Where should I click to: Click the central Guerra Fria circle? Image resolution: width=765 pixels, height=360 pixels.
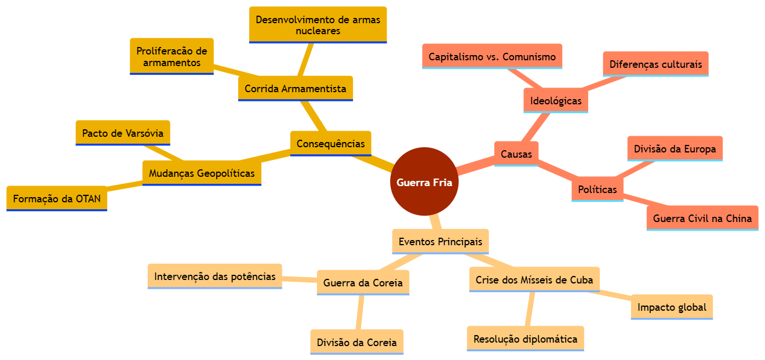point(424,182)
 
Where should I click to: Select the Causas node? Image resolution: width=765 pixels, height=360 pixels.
point(516,154)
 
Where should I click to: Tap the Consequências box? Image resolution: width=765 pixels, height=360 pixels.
point(330,144)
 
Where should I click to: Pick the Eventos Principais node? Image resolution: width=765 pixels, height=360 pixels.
point(440,241)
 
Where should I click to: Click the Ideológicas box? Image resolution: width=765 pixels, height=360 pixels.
point(556,101)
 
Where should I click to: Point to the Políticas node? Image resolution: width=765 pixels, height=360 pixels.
point(597,190)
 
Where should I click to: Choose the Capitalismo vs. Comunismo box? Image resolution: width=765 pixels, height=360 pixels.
point(492,57)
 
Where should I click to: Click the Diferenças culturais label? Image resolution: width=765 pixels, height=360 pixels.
point(655,64)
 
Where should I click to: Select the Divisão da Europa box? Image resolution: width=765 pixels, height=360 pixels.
point(675,149)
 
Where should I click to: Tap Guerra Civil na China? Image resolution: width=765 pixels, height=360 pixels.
point(702,219)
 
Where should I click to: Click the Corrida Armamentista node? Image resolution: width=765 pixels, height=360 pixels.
point(295,89)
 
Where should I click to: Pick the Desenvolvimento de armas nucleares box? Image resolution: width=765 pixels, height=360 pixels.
point(318,25)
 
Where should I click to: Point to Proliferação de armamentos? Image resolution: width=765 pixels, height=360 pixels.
point(172,57)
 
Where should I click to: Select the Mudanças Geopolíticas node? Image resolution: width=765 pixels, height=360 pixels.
point(202,173)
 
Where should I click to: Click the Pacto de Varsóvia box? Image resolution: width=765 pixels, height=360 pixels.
point(123,133)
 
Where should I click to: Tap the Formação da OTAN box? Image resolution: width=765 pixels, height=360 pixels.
point(57,199)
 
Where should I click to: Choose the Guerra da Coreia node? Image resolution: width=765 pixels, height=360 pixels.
point(363,283)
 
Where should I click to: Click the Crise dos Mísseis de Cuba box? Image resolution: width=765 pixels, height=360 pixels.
point(534,280)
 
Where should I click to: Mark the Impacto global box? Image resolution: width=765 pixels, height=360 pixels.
point(672,307)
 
